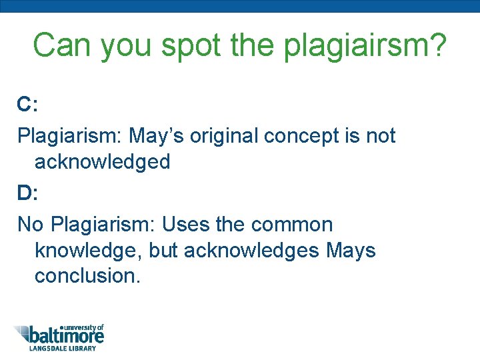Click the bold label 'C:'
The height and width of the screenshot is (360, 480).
[27, 104]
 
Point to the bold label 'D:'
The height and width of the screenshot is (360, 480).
[27, 193]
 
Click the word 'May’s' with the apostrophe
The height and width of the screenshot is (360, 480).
[157, 136]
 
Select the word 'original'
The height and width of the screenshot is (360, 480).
[224, 136]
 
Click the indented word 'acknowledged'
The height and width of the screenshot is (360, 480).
[103, 161]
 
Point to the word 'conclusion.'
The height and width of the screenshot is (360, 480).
[87, 275]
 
